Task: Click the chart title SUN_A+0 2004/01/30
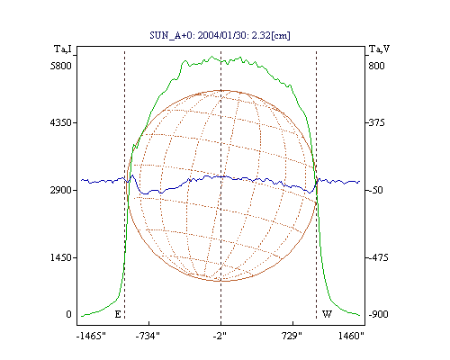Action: [220, 35]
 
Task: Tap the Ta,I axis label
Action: [63, 49]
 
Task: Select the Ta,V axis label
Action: [379, 49]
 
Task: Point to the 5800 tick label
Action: [61, 66]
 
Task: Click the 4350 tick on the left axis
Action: [61, 122]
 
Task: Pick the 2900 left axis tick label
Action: [61, 190]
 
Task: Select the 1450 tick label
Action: [61, 257]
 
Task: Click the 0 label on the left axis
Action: [68, 314]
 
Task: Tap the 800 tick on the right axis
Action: [376, 66]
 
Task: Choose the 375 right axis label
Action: [376, 122]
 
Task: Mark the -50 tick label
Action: [375, 190]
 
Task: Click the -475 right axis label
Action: [378, 257]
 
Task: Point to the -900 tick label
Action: [378, 314]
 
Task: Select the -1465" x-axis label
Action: [91, 336]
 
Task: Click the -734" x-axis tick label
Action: [148, 336]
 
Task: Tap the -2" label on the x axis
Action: [220, 336]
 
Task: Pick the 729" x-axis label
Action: [292, 336]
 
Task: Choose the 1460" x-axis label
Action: [351, 336]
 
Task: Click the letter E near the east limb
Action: [118, 314]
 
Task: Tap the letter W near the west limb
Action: [327, 314]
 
